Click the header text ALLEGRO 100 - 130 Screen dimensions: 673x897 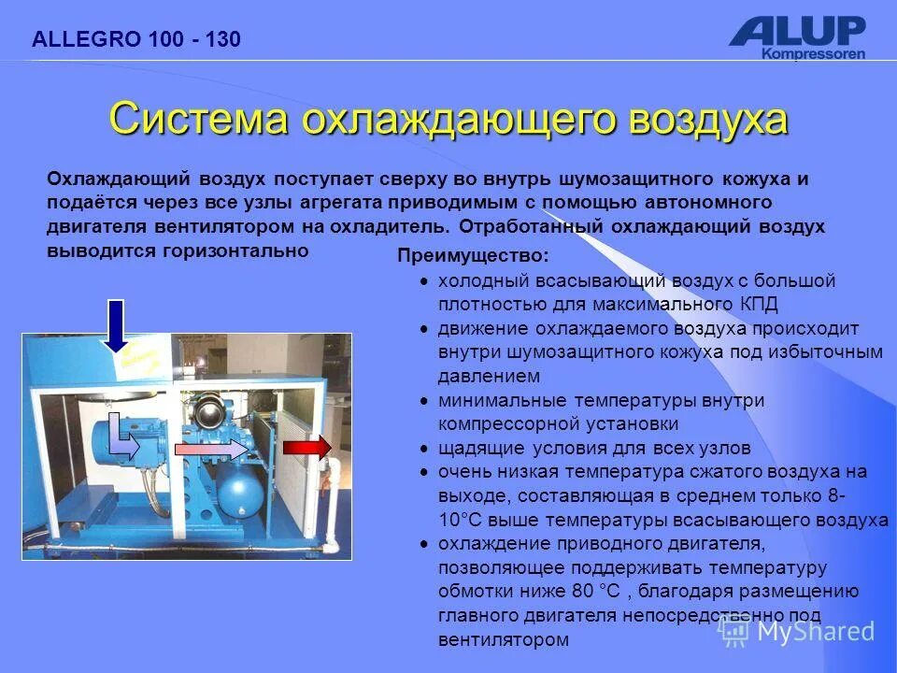click(136, 39)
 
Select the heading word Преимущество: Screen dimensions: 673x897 click(473, 256)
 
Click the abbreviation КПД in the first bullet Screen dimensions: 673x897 click(758, 305)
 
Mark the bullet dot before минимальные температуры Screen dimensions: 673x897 click(424, 400)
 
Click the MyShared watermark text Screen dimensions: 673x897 click(814, 632)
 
